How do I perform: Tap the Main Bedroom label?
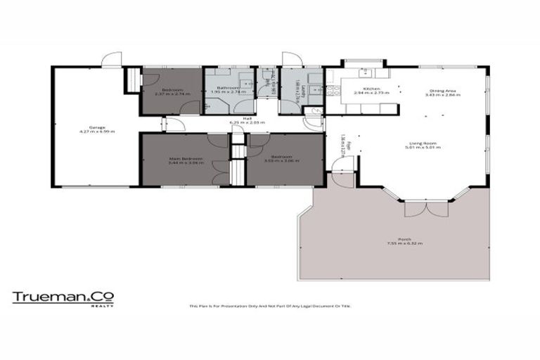(x=186, y=158)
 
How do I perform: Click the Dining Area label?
(x=442, y=90)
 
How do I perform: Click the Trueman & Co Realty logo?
(x=63, y=298)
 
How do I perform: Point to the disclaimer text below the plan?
(x=269, y=306)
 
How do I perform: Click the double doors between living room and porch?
(x=415, y=210)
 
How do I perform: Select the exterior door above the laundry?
(x=290, y=60)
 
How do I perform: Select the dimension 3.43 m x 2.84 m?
(x=442, y=94)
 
